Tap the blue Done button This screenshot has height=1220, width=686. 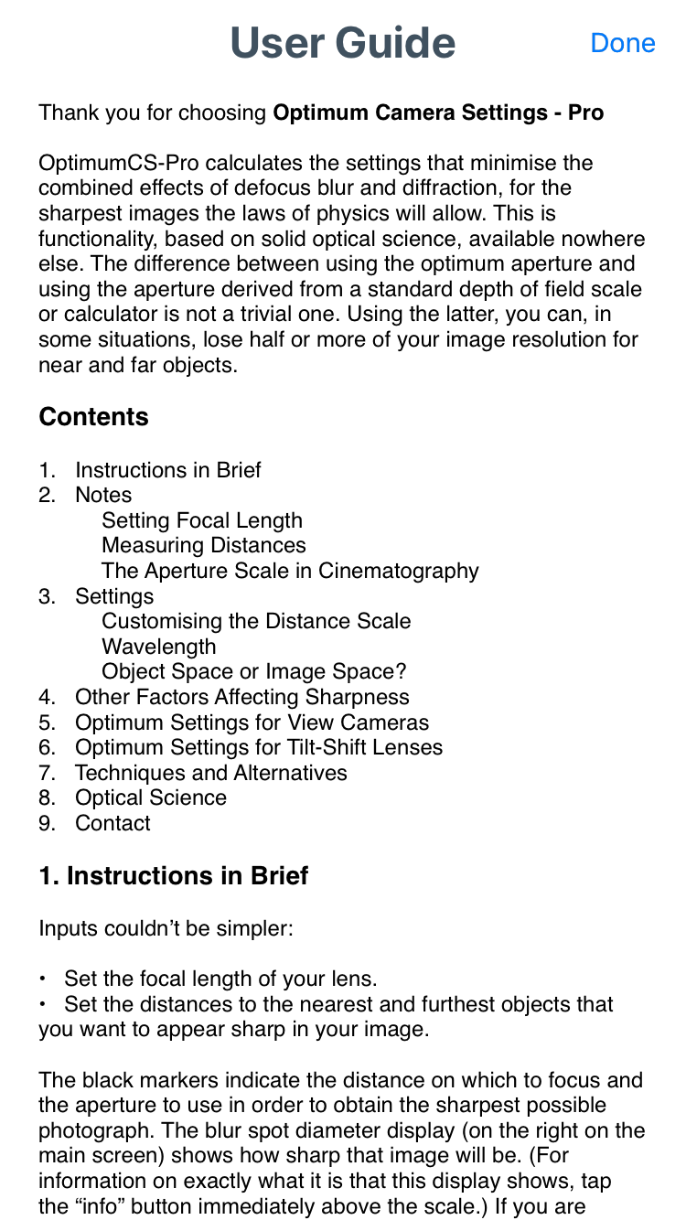(x=623, y=43)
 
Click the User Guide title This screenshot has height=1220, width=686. (x=342, y=43)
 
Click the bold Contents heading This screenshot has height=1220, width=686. (x=93, y=417)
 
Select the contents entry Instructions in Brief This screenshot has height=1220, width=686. (x=167, y=470)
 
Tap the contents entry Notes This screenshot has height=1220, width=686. (x=103, y=495)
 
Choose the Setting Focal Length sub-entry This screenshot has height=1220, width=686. (x=202, y=520)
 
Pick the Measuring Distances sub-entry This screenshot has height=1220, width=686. (x=204, y=545)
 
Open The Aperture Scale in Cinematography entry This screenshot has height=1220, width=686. (x=290, y=571)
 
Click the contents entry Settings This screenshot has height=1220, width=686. (x=114, y=596)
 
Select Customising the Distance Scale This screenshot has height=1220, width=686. (x=256, y=621)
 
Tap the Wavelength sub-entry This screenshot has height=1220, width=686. (x=159, y=647)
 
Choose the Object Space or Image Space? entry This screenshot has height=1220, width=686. (x=253, y=671)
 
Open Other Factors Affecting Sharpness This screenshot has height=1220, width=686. (x=241, y=697)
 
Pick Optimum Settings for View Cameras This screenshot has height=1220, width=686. (x=252, y=722)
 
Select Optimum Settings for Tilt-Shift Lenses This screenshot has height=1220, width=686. (x=258, y=747)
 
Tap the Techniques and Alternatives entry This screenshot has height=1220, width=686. (x=210, y=773)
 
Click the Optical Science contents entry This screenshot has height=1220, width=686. (x=151, y=797)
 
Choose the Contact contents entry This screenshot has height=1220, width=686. (x=113, y=823)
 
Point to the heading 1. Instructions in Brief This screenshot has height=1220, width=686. (x=173, y=876)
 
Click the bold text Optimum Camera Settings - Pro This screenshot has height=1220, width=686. (x=438, y=113)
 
